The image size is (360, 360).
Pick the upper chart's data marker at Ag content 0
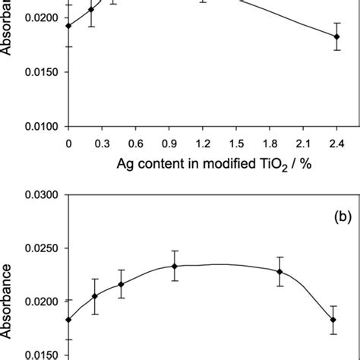(x=68, y=26)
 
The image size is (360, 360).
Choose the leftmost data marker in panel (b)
(x=68, y=320)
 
